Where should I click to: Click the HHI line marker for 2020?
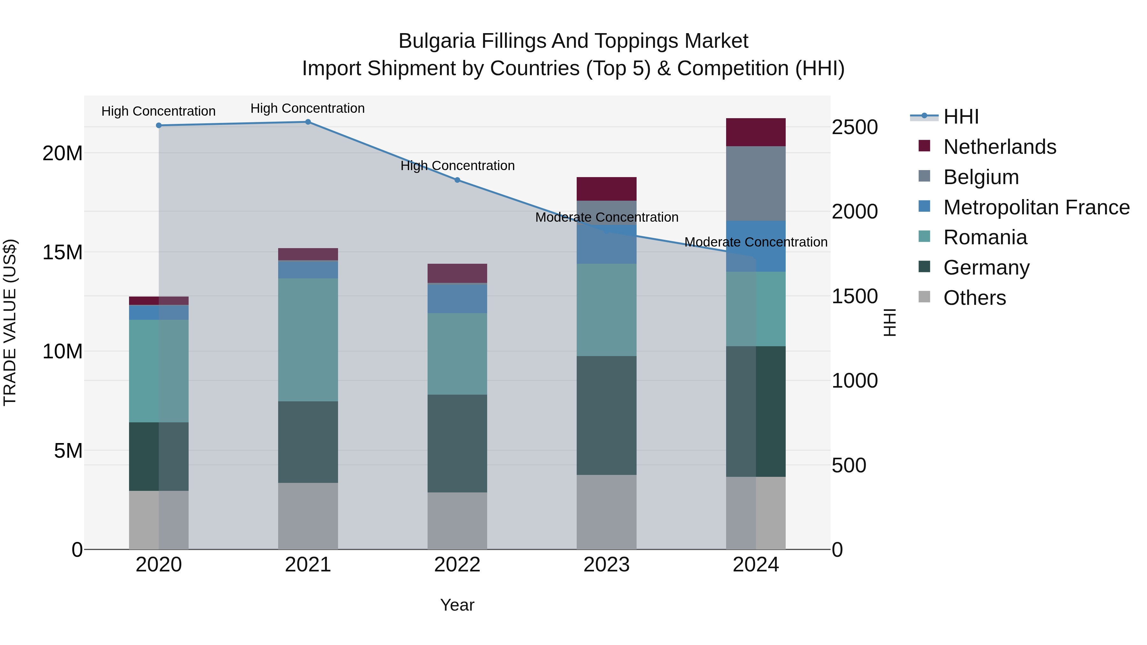(x=159, y=125)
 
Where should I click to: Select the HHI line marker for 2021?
(x=308, y=122)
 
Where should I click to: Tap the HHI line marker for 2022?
(x=457, y=180)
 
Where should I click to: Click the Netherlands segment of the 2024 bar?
(x=756, y=132)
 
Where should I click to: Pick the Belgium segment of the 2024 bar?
(x=756, y=183)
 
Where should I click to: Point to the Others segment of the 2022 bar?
(x=457, y=520)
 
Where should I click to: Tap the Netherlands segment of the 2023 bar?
(x=606, y=189)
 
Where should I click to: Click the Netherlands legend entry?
(x=999, y=147)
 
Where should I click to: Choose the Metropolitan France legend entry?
(x=1036, y=207)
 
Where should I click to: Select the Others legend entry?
(x=974, y=298)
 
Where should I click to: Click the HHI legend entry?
(x=961, y=117)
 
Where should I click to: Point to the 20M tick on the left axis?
(x=62, y=154)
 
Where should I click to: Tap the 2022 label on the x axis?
(x=457, y=565)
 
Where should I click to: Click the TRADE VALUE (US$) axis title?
(x=10, y=322)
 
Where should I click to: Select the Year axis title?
(x=457, y=605)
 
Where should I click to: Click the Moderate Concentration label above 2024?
(x=756, y=242)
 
